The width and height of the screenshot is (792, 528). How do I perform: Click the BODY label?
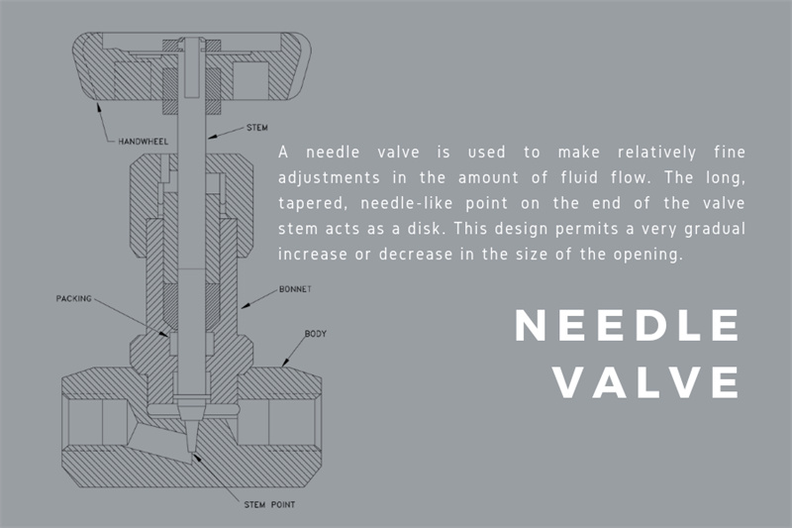(315, 334)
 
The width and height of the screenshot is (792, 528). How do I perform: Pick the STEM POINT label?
(269, 504)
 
